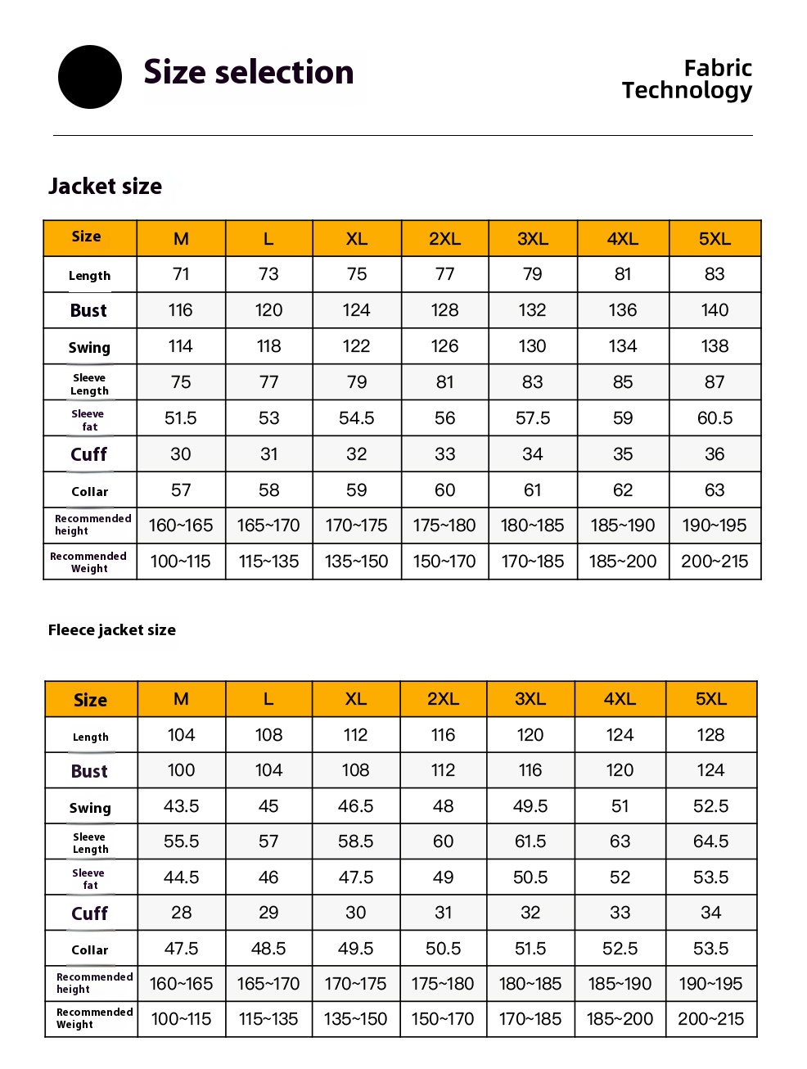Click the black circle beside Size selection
[90, 77]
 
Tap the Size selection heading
[249, 73]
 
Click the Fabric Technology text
[687, 79]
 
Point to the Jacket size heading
[106, 187]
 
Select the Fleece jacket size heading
[112, 630]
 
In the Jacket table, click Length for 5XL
[715, 274]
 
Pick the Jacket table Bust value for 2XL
[444, 310]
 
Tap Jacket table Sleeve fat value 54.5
[357, 418]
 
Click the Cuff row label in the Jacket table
[89, 454]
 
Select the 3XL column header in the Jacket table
[533, 239]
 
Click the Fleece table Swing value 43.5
[182, 806]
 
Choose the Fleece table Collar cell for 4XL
[620, 949]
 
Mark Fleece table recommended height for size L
[268, 984]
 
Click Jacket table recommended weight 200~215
[715, 562]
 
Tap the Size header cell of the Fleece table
[91, 700]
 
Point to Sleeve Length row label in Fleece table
[90, 843]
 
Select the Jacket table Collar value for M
[181, 490]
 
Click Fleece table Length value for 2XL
[443, 735]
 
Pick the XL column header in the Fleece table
[356, 699]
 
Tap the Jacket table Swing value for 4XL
[623, 346]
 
